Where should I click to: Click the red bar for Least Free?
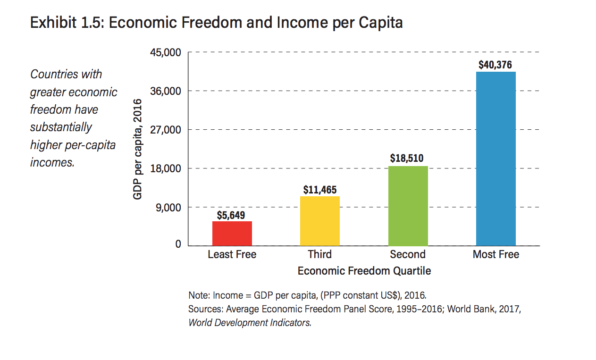point(232,233)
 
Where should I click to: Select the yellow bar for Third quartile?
point(320,220)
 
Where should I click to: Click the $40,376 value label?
point(495,65)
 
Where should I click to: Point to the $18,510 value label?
point(407,159)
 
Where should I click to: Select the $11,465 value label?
point(320,190)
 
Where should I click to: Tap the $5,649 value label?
point(231,215)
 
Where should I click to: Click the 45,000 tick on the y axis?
point(166,52)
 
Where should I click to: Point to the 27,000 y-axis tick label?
point(166,130)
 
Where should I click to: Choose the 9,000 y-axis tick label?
point(168,207)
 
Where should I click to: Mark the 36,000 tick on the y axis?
point(166,91)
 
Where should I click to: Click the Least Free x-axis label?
point(232,255)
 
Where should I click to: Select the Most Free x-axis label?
point(495,255)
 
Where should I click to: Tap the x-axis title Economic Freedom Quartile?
point(364,271)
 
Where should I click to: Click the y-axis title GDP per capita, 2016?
point(138,149)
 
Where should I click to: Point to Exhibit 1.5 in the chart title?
point(65,23)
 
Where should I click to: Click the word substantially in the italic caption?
point(61,127)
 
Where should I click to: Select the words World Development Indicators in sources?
point(249,323)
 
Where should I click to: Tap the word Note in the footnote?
point(198,296)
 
